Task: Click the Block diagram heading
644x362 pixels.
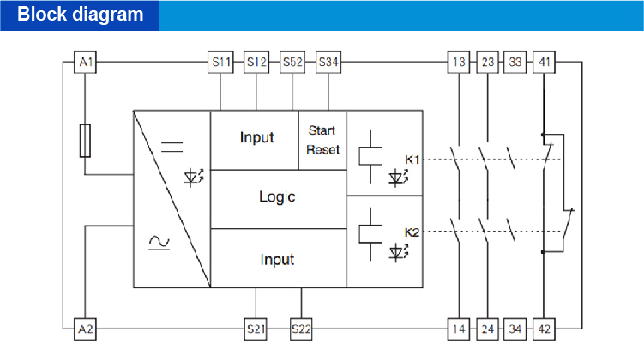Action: [x=80, y=15]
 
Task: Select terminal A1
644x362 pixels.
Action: [x=85, y=63]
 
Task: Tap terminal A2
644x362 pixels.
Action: [x=85, y=329]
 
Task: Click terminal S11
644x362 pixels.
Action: [x=221, y=63]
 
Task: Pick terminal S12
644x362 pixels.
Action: [x=257, y=63]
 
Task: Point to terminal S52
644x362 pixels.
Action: [x=293, y=63]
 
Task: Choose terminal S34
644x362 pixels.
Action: [x=328, y=63]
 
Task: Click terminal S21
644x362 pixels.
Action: [x=256, y=329]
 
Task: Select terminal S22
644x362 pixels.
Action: [x=301, y=329]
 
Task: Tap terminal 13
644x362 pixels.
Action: [x=460, y=63]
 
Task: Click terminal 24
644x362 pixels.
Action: [x=488, y=329]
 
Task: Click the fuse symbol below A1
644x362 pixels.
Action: [x=85, y=140]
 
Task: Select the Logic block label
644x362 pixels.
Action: [x=277, y=197]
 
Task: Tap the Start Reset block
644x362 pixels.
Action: [x=322, y=140]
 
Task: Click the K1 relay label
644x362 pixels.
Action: [x=412, y=160]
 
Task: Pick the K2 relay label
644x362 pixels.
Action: [x=412, y=232]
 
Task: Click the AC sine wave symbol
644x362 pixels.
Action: [x=159, y=243]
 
